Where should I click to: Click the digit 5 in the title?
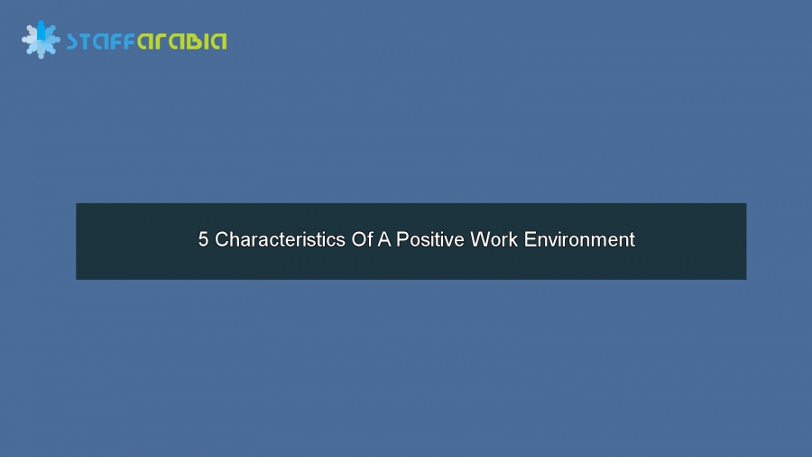click(x=204, y=240)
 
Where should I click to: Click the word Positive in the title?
click(x=431, y=240)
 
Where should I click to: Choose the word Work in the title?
click(x=492, y=240)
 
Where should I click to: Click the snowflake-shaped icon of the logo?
click(x=41, y=41)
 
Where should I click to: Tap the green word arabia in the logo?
click(x=181, y=42)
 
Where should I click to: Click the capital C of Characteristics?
click(x=222, y=240)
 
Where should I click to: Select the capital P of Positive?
click(x=406, y=240)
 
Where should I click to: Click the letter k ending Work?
click(x=510, y=240)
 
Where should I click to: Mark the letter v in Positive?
click(x=446, y=241)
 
